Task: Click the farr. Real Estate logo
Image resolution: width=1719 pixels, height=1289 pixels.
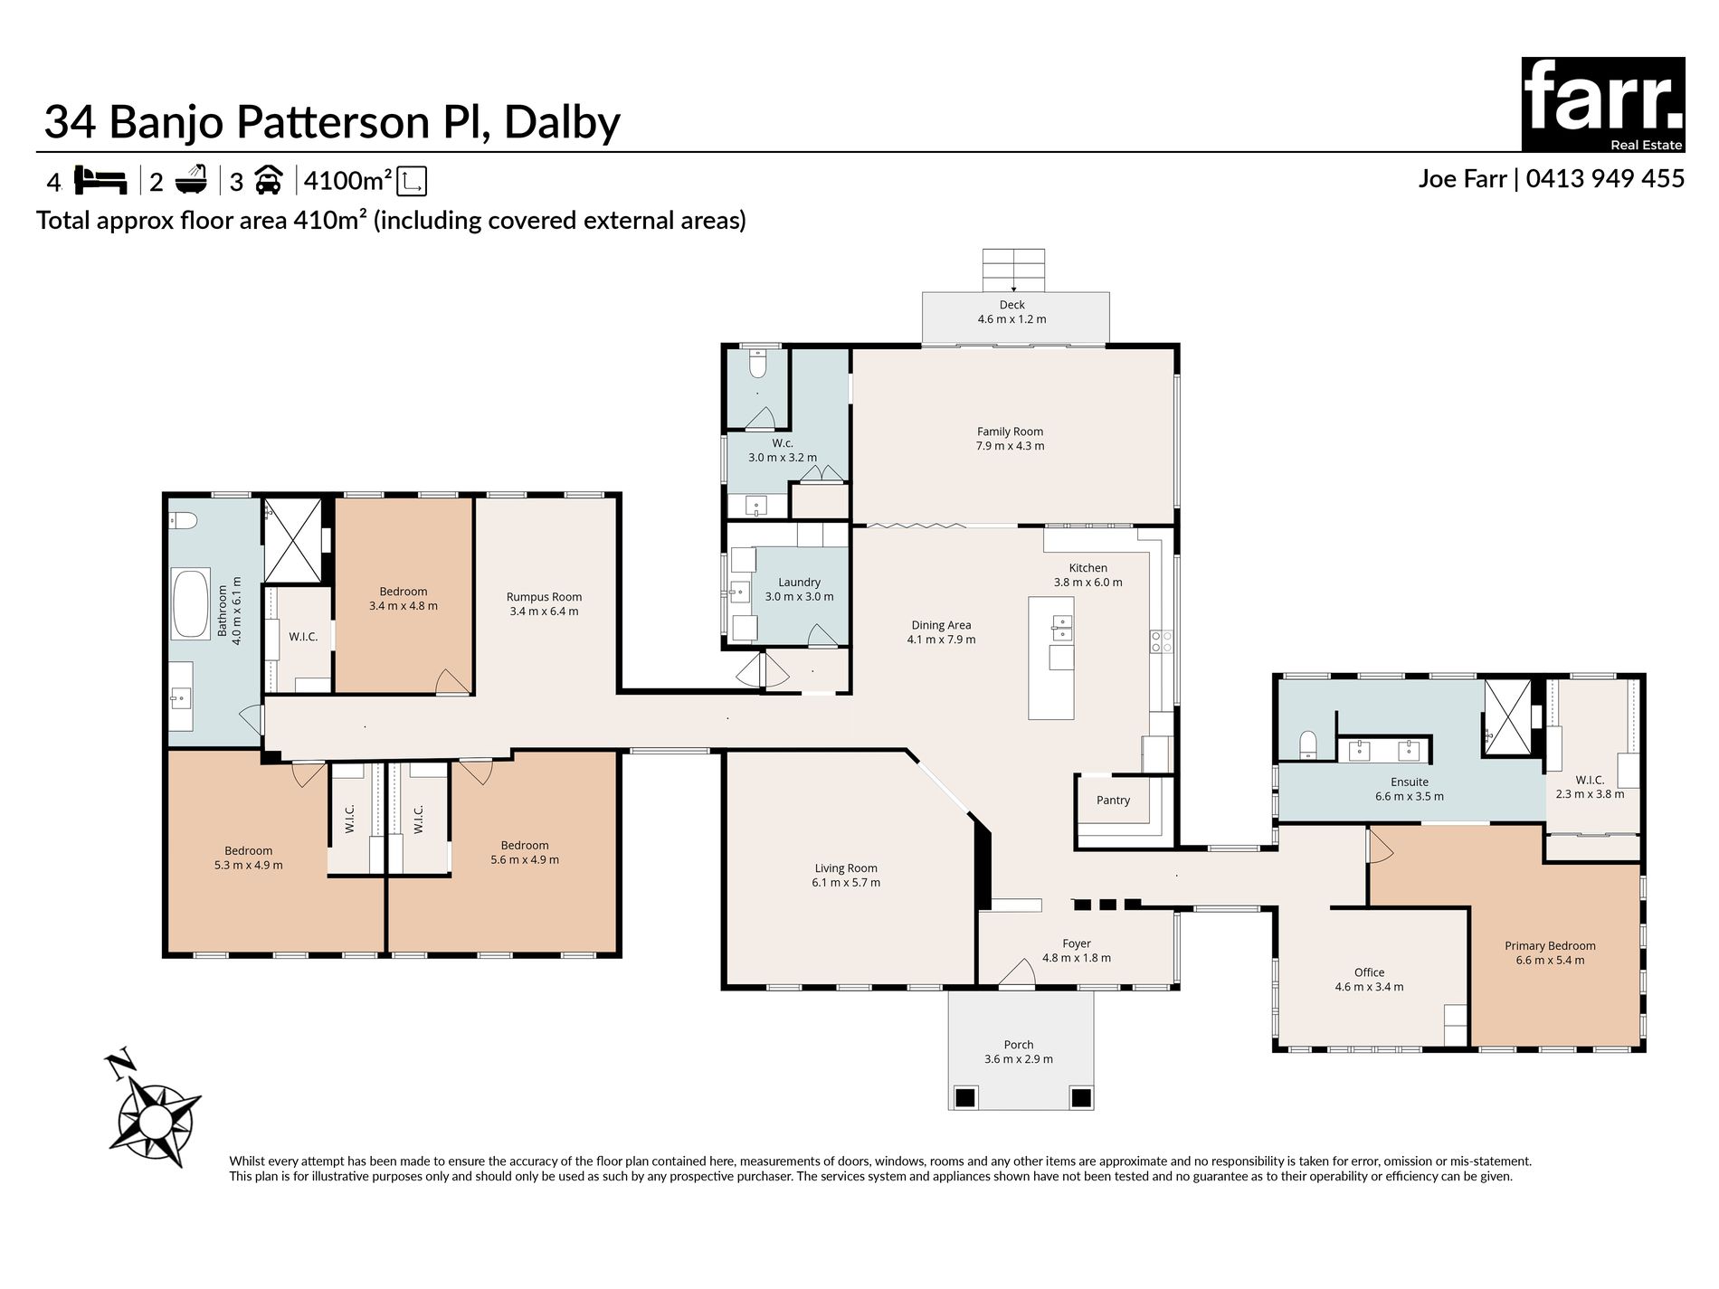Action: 1602,104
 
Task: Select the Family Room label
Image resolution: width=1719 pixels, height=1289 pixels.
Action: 1010,431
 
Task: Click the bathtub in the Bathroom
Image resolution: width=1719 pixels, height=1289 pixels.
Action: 191,603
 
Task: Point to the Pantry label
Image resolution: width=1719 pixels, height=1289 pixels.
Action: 1113,800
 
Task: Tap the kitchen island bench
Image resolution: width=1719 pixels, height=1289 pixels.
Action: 1051,658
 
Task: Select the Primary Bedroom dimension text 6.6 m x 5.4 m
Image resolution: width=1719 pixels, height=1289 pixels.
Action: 1550,960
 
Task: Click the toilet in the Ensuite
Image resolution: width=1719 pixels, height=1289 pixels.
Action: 1308,744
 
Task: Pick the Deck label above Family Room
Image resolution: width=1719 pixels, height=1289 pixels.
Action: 1011,305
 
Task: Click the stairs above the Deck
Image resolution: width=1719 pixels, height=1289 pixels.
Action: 1013,269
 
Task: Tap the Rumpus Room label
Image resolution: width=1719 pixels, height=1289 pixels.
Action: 544,597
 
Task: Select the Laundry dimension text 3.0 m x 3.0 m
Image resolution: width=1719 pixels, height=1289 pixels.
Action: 799,597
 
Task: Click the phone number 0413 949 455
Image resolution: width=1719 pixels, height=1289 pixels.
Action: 1605,178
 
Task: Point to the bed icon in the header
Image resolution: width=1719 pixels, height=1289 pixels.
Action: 100,180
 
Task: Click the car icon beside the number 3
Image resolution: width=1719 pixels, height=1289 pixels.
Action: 269,180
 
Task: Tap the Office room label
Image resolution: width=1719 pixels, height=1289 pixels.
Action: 1369,972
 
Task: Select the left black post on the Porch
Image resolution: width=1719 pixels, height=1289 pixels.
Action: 965,1097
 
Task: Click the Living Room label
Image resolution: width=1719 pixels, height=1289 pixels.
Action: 845,868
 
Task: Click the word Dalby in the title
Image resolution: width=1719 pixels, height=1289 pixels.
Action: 562,122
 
